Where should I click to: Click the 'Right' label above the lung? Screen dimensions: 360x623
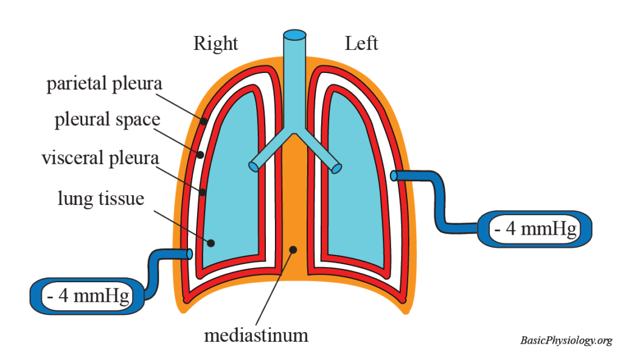tap(215, 44)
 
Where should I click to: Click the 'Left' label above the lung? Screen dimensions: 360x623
tap(361, 44)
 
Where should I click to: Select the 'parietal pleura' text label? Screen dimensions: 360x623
tap(105, 83)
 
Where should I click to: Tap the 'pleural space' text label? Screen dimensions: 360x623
tap(107, 119)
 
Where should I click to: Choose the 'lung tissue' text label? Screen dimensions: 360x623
tap(101, 198)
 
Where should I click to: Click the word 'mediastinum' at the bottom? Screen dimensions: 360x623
tap(256, 334)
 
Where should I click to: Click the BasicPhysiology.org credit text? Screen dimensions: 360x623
tap(566, 341)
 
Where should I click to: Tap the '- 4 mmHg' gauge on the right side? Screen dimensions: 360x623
tap(534, 229)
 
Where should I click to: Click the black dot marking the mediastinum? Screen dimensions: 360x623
tap(293, 249)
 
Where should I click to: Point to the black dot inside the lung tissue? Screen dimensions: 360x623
tap(211, 243)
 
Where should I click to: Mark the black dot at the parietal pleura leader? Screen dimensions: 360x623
tap(204, 121)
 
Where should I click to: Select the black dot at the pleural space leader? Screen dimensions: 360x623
tap(200, 154)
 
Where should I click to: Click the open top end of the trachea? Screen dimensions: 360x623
tap(295, 35)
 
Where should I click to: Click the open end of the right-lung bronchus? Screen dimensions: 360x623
tap(253, 166)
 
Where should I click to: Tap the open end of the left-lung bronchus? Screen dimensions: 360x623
tap(336, 167)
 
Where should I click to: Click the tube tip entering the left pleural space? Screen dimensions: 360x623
tap(394, 176)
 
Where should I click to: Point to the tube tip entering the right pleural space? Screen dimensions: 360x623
tap(190, 254)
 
